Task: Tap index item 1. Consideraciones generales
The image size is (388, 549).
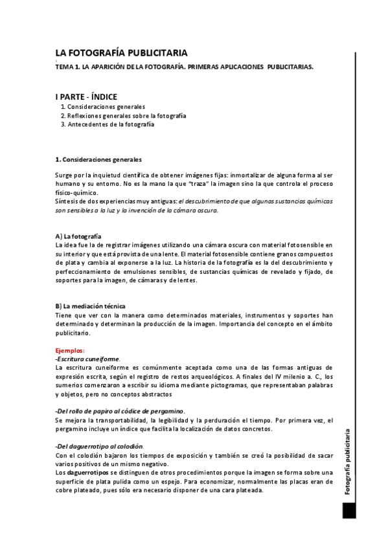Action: tap(102, 106)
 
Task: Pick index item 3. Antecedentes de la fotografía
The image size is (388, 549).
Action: tap(107, 124)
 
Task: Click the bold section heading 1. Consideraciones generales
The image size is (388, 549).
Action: tap(98, 159)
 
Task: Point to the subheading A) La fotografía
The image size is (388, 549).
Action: tap(78, 236)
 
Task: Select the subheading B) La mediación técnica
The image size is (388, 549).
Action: tap(90, 306)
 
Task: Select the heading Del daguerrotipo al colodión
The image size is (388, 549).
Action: tap(100, 446)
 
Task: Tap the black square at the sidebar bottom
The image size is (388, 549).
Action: tap(349, 511)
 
